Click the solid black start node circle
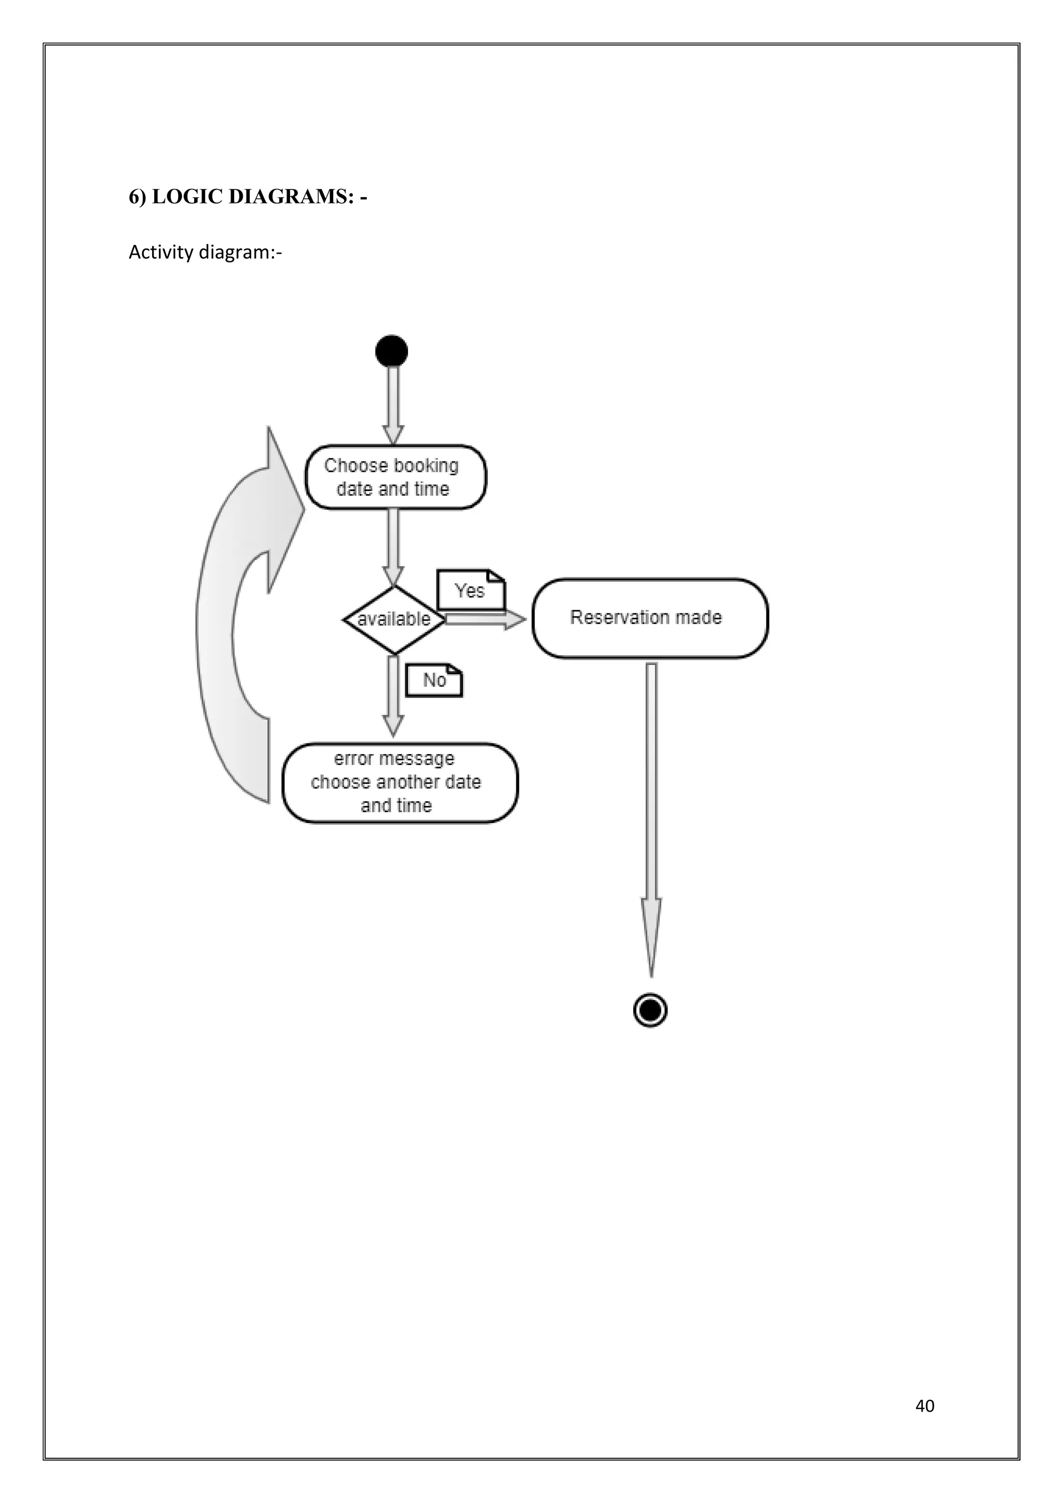click(391, 351)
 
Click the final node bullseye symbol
click(650, 1010)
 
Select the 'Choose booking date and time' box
click(396, 477)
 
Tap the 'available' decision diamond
click(394, 619)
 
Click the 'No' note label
click(434, 680)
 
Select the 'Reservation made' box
click(650, 618)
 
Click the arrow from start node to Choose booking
click(393, 403)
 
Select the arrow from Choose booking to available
click(393, 546)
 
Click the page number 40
click(924, 1405)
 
